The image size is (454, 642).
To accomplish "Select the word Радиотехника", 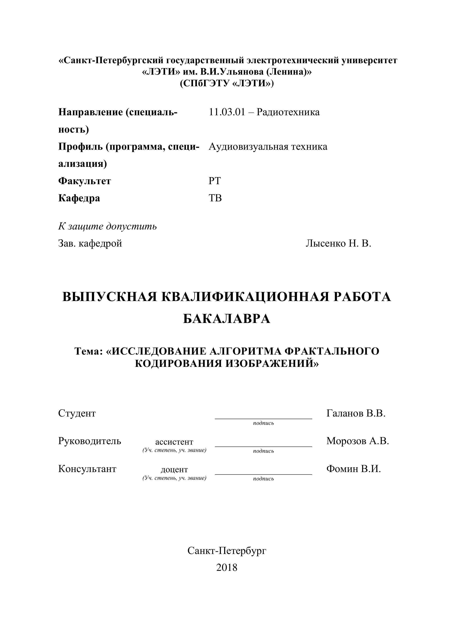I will point(288,112).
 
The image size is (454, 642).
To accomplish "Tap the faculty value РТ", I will point(214,181).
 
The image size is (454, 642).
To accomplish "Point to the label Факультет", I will point(85,181).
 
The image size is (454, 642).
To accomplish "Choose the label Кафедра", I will point(79,198).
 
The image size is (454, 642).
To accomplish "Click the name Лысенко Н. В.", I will point(338,243).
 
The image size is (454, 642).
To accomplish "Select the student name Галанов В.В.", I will point(356,413).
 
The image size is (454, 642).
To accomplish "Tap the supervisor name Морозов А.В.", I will point(358,441).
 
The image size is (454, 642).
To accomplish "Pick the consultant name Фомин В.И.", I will point(353,469).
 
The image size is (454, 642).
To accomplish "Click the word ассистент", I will point(174,442).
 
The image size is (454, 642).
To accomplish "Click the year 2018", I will point(227,567).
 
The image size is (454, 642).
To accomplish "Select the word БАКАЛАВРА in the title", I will point(227,319).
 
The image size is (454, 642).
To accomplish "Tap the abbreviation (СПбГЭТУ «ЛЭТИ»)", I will point(227,83).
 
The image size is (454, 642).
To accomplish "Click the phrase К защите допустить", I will point(107,226).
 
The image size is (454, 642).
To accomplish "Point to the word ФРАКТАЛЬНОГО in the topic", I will point(333,351).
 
